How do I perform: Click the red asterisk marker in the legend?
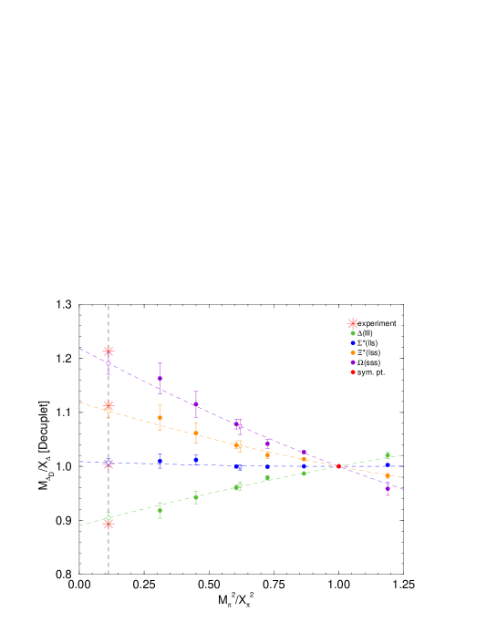pos(353,323)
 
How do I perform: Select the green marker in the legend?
pos(353,333)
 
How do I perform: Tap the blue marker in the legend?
pos(353,343)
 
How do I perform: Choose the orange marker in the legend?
pos(353,352)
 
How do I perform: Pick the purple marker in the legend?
pos(353,362)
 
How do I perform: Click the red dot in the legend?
pos(353,372)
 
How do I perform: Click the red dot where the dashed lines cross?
pos(339,466)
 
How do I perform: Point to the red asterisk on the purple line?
pos(109,352)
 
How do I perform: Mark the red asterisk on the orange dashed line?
pos(109,406)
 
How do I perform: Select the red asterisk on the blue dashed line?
pos(109,464)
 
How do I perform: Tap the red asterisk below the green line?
pos(109,525)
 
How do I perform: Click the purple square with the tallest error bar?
pos(160,378)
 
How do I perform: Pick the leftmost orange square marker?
pos(160,417)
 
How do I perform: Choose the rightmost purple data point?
pos(388,488)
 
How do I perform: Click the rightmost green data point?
pos(388,455)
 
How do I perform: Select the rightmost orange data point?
pos(388,475)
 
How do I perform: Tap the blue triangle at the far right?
pos(388,465)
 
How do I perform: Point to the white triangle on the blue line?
pos(239,468)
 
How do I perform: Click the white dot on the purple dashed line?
pos(109,363)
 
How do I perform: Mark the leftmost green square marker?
pos(160,510)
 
